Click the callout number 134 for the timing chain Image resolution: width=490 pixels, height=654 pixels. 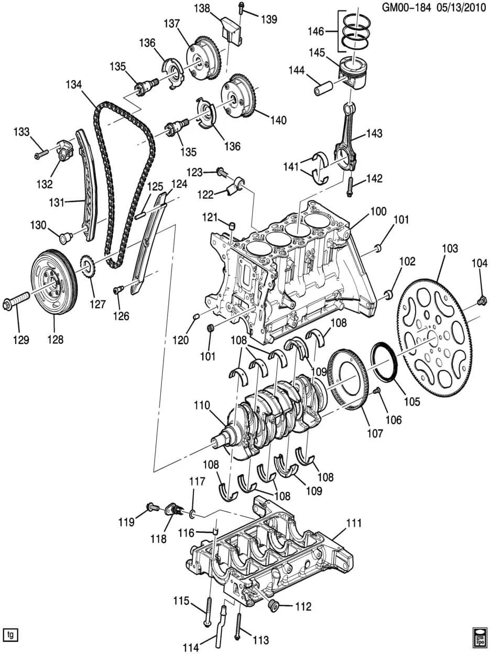(73, 84)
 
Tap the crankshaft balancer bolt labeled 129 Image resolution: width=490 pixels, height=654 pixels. (16, 301)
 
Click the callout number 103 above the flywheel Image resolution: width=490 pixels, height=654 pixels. (450, 248)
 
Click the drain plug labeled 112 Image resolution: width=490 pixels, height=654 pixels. (273, 606)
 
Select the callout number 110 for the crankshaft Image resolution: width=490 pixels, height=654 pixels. (202, 405)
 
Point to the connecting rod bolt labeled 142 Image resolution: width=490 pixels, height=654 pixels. (350, 187)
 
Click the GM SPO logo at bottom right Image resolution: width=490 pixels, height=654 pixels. (480, 639)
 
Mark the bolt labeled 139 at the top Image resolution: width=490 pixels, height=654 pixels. (241, 8)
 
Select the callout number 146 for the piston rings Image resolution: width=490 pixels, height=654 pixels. (315, 31)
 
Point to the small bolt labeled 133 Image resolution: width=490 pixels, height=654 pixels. (41, 154)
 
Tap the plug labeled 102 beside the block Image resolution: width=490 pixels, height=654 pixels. (388, 294)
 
